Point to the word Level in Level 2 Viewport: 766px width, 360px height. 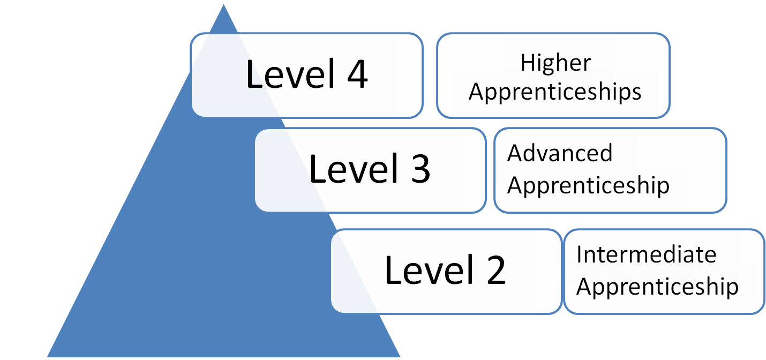click(425, 271)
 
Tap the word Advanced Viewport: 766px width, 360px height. click(560, 153)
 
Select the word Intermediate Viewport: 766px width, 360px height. click(646, 254)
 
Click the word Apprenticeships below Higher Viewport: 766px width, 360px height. click(555, 92)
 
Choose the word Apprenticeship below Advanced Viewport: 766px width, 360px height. click(588, 185)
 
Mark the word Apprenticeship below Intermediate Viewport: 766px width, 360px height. click(657, 287)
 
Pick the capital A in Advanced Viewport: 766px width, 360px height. click(515, 153)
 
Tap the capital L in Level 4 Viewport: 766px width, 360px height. click(253, 74)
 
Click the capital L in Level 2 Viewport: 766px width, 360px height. click(392, 271)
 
